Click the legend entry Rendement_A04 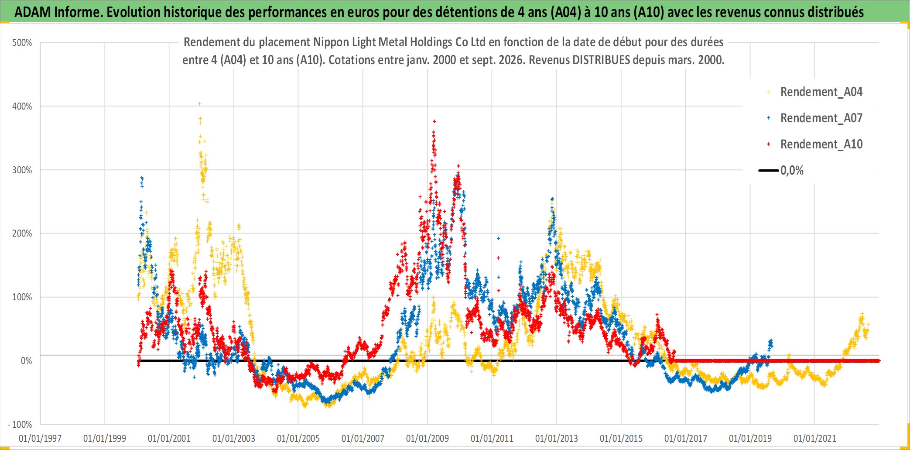pos(821,92)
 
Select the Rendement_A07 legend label pos(821,118)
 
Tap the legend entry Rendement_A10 pos(821,144)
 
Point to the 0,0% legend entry pos(792,170)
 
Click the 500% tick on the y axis pos(22,43)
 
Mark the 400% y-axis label pos(22,106)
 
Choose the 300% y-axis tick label pos(22,170)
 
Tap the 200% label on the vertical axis pos(22,234)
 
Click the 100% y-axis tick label pos(22,297)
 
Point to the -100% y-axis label pos(20,424)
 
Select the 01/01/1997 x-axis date pos(40,438)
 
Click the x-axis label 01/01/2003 pos(234,438)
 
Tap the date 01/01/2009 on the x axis pos(428,438)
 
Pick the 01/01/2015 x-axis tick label pos(621,438)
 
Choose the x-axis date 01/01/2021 pos(815,438)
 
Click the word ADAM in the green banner pos(33,12)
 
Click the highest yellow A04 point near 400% pos(199,104)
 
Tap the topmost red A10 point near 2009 pos(434,121)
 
